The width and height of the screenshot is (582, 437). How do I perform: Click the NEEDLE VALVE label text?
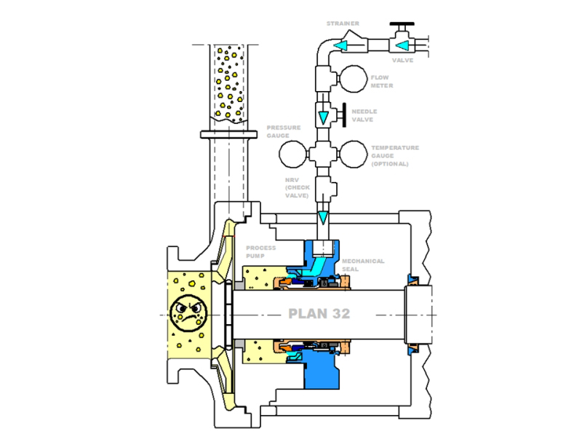(364, 116)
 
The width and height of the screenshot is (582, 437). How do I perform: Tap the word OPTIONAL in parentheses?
(390, 164)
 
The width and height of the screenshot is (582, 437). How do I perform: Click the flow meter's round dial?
(353, 80)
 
